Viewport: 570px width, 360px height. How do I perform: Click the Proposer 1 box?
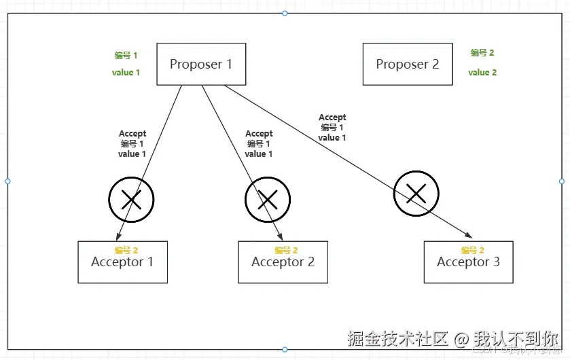coord(201,65)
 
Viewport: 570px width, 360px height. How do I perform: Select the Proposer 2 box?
coord(408,65)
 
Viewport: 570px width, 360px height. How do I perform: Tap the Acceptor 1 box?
coord(122,262)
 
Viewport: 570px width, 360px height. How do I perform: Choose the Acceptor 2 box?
coord(283,262)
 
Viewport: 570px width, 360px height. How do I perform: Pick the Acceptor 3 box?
coord(468,262)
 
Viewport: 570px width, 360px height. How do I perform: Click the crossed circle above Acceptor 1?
coord(131,199)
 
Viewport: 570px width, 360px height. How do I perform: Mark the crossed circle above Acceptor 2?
coord(268,199)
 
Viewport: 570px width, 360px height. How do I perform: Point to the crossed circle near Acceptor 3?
coord(416,194)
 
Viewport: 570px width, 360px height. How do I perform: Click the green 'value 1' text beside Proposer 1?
coord(126,73)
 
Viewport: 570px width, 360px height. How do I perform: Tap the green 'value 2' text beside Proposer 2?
coord(482,73)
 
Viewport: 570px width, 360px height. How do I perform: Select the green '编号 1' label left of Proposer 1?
coord(126,56)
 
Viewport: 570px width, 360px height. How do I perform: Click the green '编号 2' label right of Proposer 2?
coord(482,53)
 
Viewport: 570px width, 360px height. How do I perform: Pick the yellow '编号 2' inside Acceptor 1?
coord(126,251)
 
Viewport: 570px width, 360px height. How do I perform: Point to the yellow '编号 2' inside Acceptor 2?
coord(286,251)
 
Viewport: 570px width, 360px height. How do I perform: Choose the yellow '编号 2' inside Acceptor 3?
coord(472,251)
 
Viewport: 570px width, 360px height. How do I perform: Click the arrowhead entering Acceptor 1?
coord(119,236)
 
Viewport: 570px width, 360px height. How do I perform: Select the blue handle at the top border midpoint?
coord(285,13)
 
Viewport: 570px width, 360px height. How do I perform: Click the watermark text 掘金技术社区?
coord(398,338)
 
